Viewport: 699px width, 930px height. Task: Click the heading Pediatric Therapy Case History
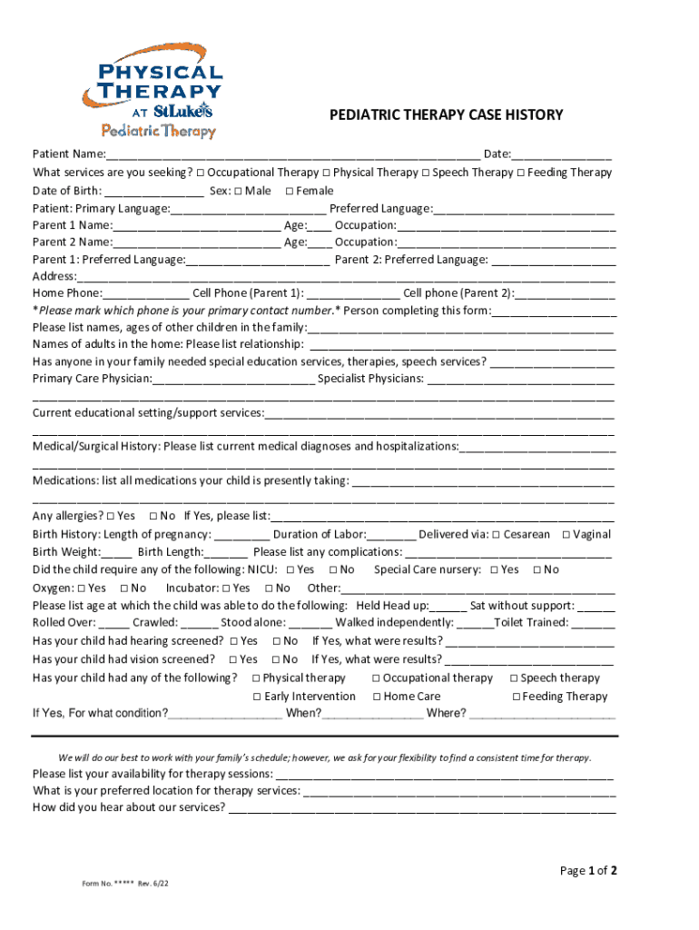click(446, 115)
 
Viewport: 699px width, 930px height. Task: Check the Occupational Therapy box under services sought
click(200, 173)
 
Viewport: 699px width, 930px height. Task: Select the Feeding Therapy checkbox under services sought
click(521, 173)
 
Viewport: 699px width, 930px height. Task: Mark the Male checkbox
click(238, 191)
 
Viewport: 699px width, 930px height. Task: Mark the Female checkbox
click(290, 191)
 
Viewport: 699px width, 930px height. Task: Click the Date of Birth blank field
click(153, 192)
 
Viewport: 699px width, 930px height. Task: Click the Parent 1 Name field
click(196, 225)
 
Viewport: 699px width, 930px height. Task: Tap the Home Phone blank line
click(145, 294)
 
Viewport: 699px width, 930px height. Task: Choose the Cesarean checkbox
click(497, 535)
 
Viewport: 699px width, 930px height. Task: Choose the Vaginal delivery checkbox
click(566, 535)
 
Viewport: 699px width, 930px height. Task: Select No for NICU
click(334, 570)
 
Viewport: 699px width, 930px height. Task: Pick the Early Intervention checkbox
click(258, 697)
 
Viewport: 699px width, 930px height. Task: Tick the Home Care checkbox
click(377, 697)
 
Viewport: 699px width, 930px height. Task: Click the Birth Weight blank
click(117, 553)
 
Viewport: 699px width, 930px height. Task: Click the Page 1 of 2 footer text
click(588, 871)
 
